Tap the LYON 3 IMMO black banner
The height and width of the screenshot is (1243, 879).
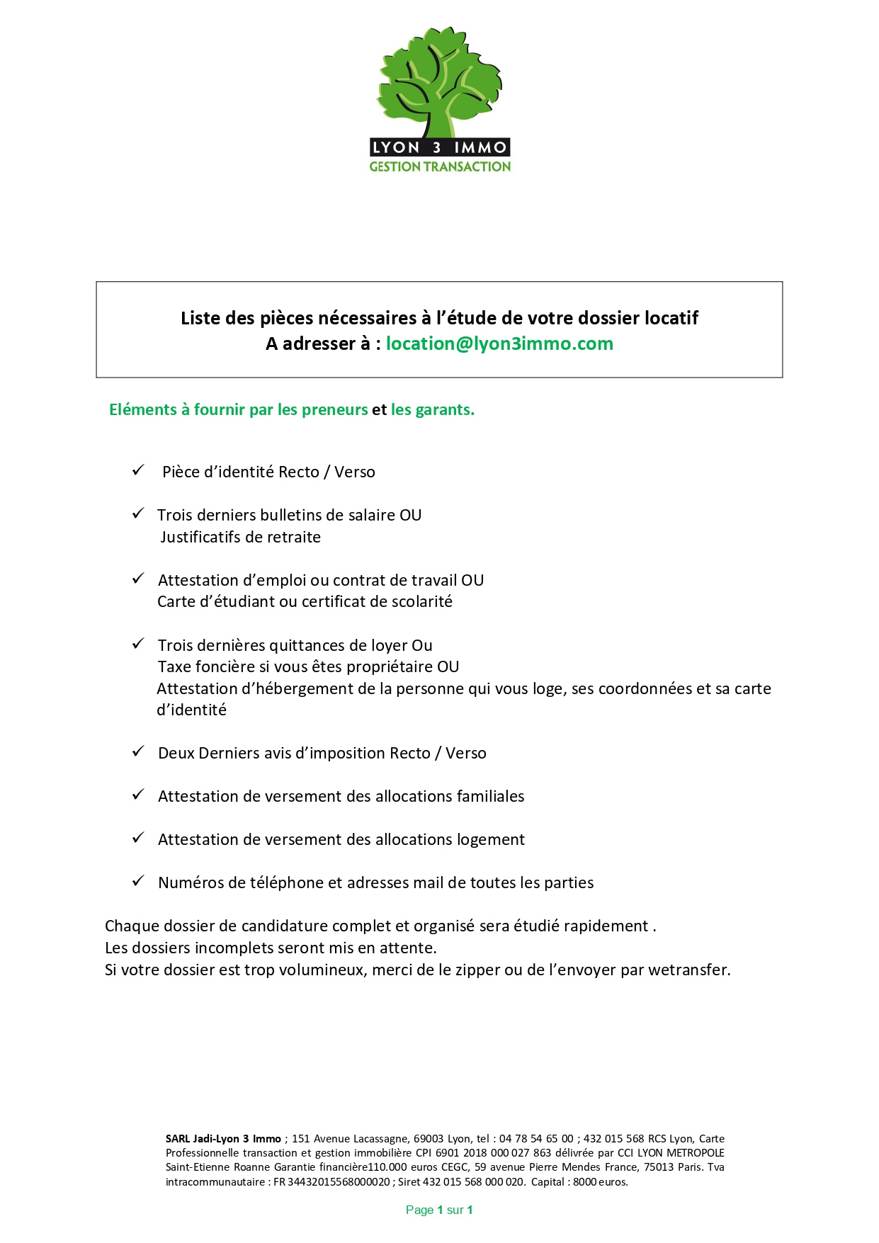(439, 147)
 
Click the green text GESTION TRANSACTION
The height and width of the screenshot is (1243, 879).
(440, 167)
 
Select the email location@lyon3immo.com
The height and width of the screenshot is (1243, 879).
(499, 344)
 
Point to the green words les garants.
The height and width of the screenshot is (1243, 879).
(432, 409)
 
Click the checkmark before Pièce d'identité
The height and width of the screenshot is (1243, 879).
(138, 470)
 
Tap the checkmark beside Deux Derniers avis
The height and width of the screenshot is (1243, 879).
(138, 751)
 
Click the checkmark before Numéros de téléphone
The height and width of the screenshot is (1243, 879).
(138, 881)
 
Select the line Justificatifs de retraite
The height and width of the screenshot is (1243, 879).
(240, 537)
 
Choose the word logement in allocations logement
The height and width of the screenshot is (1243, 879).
(490, 839)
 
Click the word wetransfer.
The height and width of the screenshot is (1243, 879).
(688, 970)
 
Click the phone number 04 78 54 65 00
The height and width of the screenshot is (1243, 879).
(536, 1139)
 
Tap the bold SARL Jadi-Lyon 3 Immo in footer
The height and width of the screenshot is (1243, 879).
(223, 1139)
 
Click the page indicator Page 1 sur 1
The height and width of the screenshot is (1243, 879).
(439, 1210)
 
